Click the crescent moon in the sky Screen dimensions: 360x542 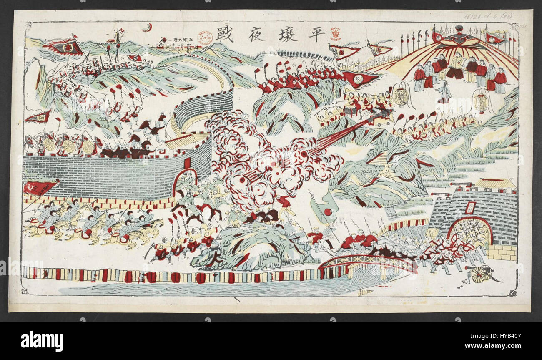tap(146, 28)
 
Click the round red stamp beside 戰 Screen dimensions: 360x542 tap(204, 37)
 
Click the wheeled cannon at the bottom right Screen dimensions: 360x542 tap(479, 274)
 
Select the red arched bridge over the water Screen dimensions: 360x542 tap(367, 262)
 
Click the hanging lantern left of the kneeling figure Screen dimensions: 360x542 tap(401, 96)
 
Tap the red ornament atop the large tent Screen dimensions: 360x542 tap(459, 29)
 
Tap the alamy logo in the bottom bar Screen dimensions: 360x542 tap(42, 341)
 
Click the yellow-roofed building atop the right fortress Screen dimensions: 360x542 tap(496, 184)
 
